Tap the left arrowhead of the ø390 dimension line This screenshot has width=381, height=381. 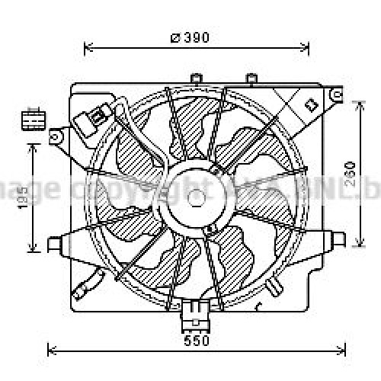[x=87, y=47]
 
